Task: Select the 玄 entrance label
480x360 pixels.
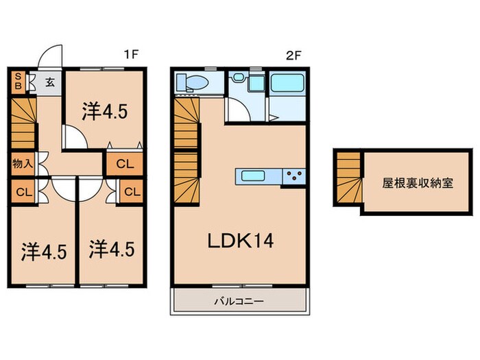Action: (x=51, y=84)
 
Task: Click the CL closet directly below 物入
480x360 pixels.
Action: (x=21, y=191)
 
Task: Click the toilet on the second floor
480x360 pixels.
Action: (x=194, y=83)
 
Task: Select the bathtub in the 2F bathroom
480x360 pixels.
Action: (x=287, y=83)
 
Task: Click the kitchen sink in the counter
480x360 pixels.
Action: (x=249, y=176)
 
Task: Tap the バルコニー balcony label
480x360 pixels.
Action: (x=238, y=300)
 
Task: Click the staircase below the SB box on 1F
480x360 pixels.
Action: (x=23, y=122)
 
